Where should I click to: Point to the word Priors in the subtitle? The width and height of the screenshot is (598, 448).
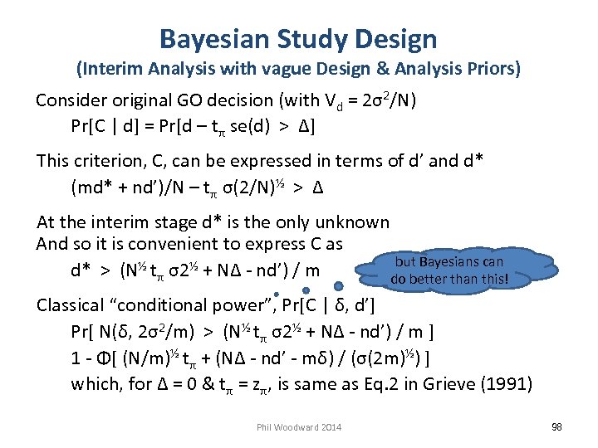(x=492, y=68)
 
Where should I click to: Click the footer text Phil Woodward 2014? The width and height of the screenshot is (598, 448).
(x=298, y=427)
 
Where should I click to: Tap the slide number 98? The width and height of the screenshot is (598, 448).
(x=556, y=426)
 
